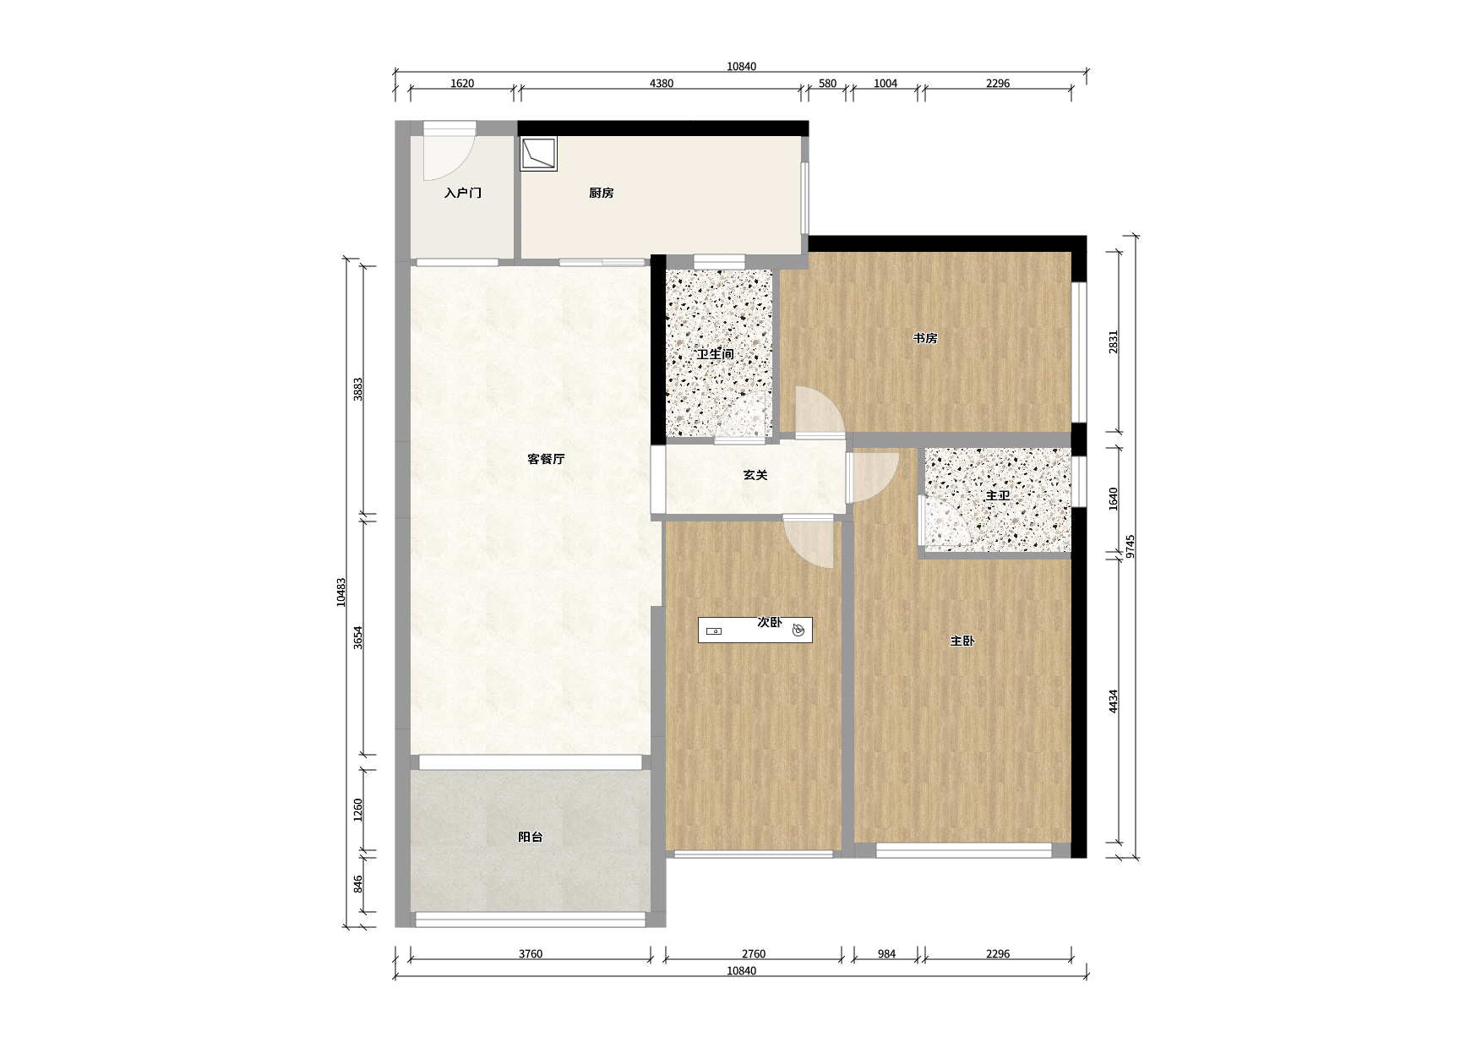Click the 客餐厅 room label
tap(546, 459)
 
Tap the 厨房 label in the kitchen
tap(602, 193)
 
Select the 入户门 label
tap(463, 193)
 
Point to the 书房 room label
tap(925, 338)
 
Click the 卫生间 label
tap(716, 354)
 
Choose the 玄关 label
tap(755, 475)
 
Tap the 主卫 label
tap(998, 495)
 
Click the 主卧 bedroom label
tap(962, 641)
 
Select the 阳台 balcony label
tap(531, 837)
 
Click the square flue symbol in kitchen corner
tap(538, 155)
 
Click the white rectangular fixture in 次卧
tap(755, 630)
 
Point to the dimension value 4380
tap(662, 83)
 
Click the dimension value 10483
tap(341, 592)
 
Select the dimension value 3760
tap(531, 953)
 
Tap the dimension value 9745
tap(1131, 546)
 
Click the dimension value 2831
tap(1114, 341)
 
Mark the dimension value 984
tap(886, 953)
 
